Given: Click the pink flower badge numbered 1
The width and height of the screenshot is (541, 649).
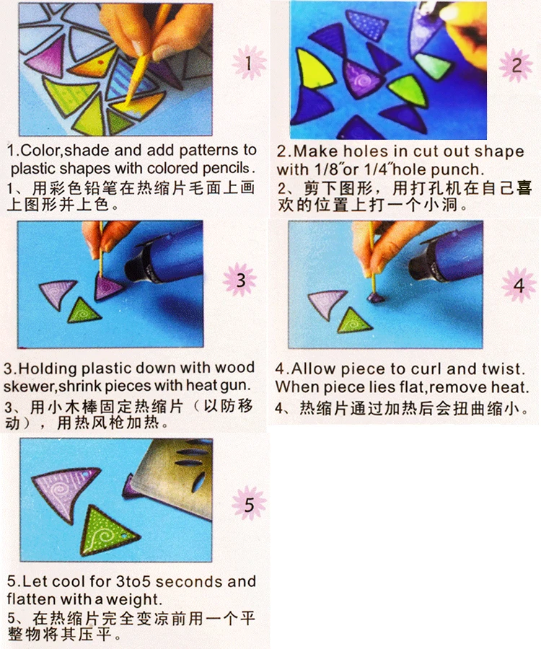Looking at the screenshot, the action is (249, 63).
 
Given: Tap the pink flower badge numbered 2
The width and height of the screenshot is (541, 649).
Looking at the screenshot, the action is (516, 66).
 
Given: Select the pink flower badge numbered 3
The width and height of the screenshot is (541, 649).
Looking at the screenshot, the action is (240, 280).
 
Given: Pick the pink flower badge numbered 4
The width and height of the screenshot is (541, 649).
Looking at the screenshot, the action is (518, 285).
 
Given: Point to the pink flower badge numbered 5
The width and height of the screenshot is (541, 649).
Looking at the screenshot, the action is (249, 504).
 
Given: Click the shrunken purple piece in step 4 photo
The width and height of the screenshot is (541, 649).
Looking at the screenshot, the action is (375, 298).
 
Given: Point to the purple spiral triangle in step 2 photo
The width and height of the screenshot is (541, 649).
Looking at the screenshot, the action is (361, 79).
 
